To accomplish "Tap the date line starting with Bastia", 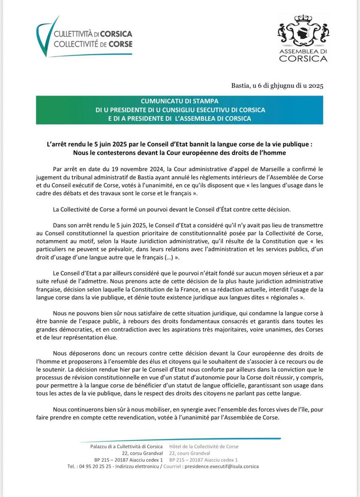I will click(x=277, y=85).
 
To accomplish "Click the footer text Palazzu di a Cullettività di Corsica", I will click(x=126, y=447).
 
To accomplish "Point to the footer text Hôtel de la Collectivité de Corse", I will click(x=204, y=447).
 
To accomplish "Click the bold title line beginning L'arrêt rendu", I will click(x=180, y=144).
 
